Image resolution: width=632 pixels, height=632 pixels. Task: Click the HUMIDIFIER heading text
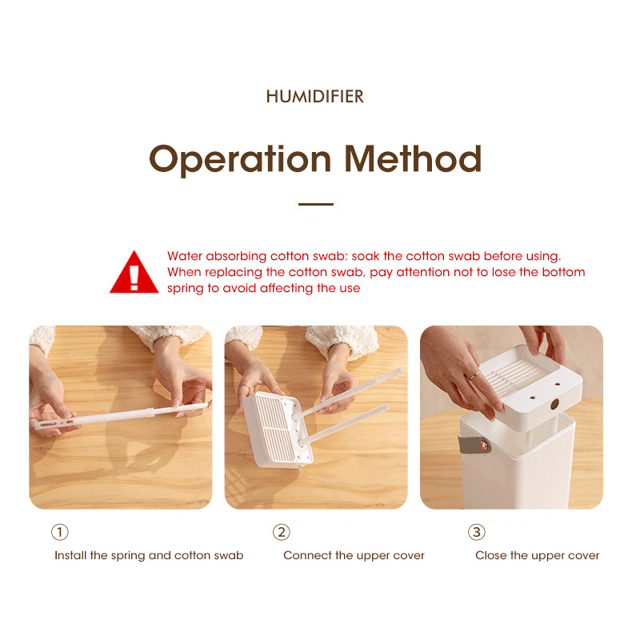(314, 97)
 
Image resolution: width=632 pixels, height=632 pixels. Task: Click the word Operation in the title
(240, 160)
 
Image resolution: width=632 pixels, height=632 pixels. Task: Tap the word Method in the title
(413, 158)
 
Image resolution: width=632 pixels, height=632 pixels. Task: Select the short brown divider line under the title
(315, 204)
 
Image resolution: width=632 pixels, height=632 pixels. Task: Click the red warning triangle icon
(134, 273)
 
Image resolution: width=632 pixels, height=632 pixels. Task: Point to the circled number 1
(60, 532)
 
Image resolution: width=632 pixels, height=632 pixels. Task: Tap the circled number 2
(282, 532)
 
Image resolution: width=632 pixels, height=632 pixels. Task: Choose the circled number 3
(477, 532)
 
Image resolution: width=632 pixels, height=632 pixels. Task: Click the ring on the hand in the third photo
(473, 376)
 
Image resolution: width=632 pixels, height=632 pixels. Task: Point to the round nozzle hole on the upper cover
(554, 404)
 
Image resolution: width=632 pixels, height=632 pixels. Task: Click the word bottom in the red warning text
(563, 273)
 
